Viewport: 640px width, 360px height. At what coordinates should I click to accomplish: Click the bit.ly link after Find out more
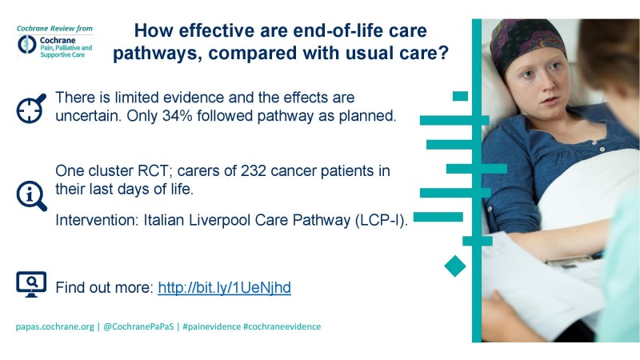pyautogui.click(x=225, y=288)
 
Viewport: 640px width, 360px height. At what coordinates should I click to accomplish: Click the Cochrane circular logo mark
pyautogui.click(x=27, y=44)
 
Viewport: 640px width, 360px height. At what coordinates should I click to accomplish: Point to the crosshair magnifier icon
pyautogui.click(x=31, y=108)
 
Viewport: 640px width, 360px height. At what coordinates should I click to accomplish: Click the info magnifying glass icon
pyautogui.click(x=31, y=196)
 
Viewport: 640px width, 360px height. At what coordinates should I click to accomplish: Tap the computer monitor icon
pyautogui.click(x=31, y=285)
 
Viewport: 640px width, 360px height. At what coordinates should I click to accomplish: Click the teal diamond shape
pyautogui.click(x=455, y=266)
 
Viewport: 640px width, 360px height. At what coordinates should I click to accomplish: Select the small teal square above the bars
pyautogui.click(x=461, y=96)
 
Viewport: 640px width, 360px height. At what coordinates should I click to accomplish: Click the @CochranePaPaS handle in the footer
pyautogui.click(x=138, y=326)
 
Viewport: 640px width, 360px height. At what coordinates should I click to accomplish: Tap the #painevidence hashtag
pyautogui.click(x=211, y=326)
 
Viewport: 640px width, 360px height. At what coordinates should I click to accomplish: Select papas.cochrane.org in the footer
pyautogui.click(x=54, y=327)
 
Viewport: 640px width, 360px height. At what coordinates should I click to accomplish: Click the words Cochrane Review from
pyautogui.click(x=54, y=29)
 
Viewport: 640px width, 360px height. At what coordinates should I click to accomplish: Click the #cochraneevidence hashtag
pyautogui.click(x=282, y=326)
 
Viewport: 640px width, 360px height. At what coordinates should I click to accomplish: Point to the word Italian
pyautogui.click(x=164, y=221)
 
